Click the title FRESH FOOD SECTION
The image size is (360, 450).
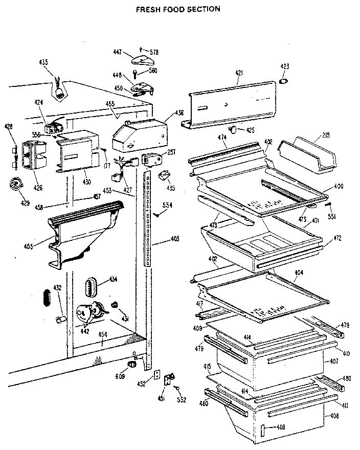[178, 9]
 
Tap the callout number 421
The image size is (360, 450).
[239, 73]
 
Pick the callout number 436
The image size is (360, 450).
[179, 112]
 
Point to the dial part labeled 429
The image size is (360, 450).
[15, 185]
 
